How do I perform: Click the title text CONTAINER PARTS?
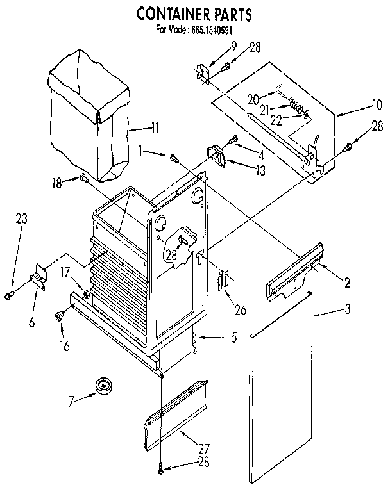(194, 13)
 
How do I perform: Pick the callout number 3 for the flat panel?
(347, 310)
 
